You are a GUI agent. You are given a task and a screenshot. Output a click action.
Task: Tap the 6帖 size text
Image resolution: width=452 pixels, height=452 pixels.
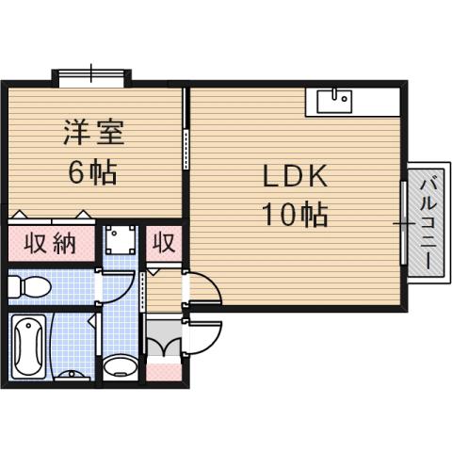91,172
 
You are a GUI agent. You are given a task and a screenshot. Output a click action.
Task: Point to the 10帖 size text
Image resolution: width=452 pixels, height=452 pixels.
294,216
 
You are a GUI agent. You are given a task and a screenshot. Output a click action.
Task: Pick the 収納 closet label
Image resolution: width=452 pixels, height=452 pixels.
51,245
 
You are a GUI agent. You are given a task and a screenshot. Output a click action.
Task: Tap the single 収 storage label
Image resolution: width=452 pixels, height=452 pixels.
163,244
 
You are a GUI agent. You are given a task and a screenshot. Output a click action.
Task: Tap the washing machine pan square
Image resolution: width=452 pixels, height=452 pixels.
120,243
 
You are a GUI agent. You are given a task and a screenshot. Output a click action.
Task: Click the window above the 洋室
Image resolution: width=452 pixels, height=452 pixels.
91,74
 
